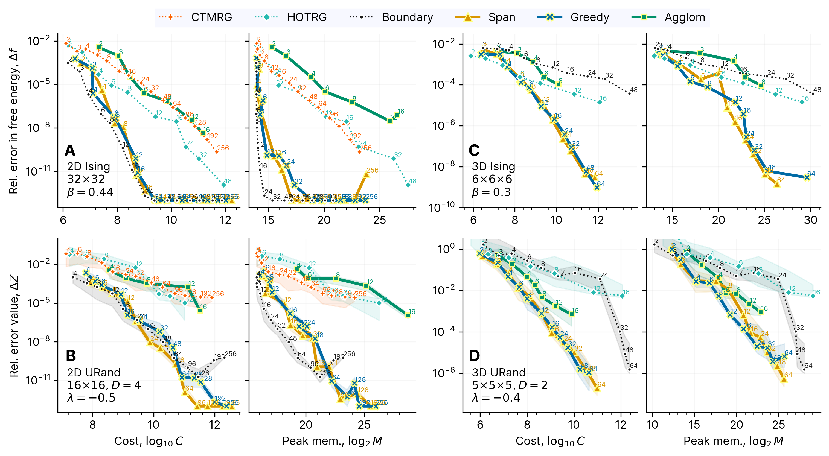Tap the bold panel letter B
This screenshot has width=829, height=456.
71,356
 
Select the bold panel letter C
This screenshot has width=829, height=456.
474,151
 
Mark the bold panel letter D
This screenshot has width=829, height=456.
474,356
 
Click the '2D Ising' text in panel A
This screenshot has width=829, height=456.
89,166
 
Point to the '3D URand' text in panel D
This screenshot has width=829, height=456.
499,372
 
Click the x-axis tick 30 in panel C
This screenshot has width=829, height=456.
810,220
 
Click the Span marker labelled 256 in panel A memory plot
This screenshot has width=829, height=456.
366,174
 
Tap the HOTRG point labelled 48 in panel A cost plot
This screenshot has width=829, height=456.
223,185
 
